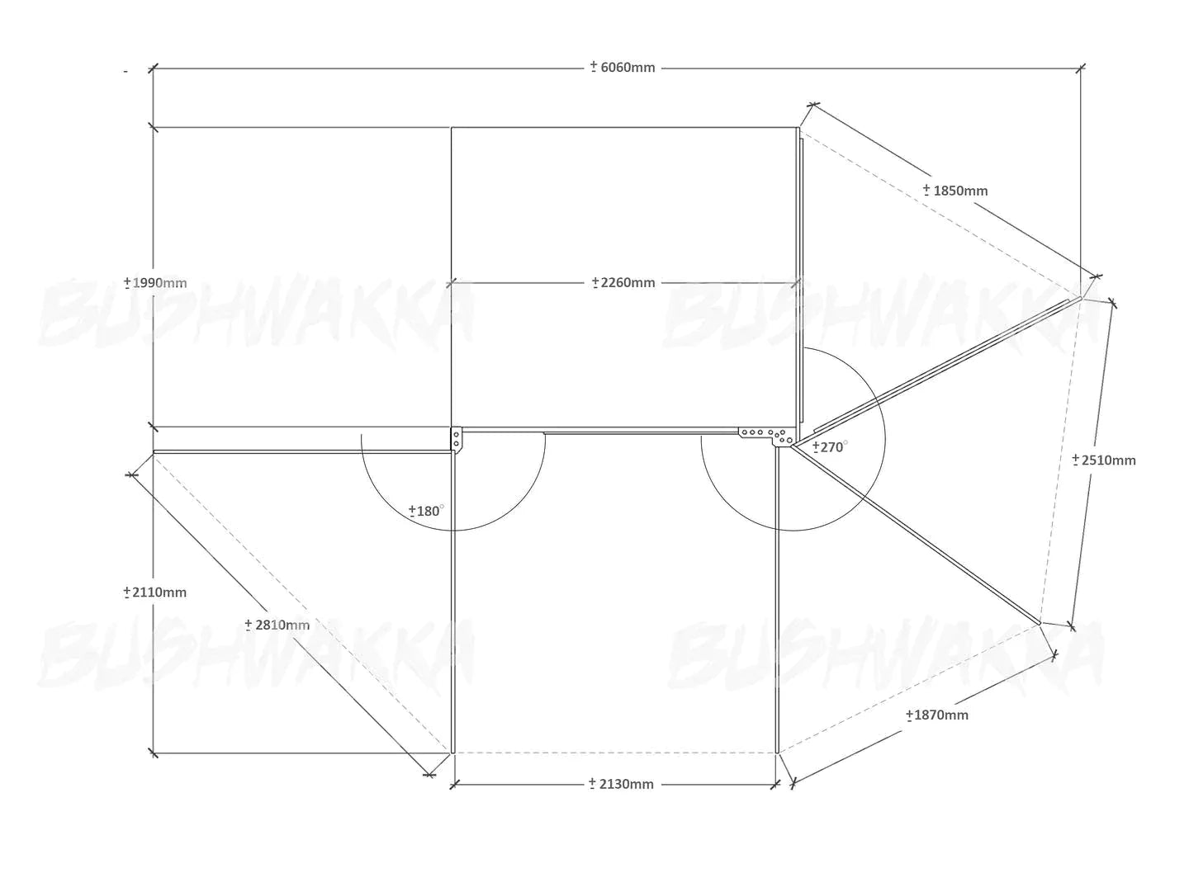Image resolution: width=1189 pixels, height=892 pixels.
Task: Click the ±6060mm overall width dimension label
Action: click(623, 68)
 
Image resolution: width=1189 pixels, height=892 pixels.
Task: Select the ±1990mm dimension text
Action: click(155, 282)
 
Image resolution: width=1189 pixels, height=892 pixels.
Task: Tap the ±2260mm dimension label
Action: click(623, 282)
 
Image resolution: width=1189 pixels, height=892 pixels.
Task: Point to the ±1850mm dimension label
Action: click(955, 191)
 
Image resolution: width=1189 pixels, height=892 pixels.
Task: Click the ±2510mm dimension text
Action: click(1103, 460)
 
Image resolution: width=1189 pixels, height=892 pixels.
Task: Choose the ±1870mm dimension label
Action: click(936, 715)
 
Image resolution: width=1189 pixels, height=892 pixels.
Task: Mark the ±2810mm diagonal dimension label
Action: click(277, 625)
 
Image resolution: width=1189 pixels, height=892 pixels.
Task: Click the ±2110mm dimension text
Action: click(155, 592)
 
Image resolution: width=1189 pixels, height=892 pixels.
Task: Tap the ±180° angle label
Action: click(426, 511)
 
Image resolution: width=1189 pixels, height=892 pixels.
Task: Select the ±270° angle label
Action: click(830, 447)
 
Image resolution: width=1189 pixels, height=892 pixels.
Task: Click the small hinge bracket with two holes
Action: click(456, 439)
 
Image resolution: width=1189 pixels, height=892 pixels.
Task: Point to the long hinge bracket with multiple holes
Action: click(768, 436)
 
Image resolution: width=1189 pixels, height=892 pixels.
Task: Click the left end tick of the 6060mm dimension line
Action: click(154, 68)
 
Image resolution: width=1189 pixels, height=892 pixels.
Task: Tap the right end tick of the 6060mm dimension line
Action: click(1081, 68)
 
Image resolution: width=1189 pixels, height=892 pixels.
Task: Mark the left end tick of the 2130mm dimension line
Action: click(454, 784)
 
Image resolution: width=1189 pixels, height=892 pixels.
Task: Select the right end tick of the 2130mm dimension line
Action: click(775, 784)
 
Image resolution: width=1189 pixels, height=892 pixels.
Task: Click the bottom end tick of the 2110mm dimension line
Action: click(154, 753)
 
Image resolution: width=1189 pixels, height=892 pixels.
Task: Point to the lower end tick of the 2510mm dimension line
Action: click(1071, 627)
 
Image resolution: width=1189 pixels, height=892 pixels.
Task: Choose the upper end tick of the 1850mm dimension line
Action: click(813, 104)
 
